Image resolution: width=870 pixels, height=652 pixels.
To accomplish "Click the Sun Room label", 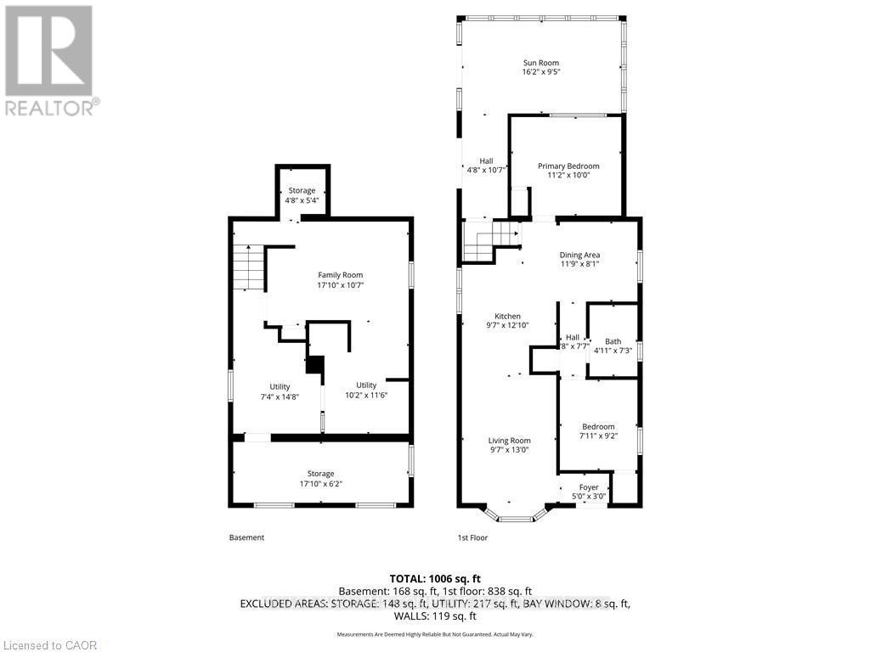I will pyautogui.click(x=540, y=63).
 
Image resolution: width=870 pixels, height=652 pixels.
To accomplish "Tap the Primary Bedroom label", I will pyautogui.click(x=568, y=166).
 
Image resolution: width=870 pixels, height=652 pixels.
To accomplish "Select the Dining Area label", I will pyautogui.click(x=579, y=255).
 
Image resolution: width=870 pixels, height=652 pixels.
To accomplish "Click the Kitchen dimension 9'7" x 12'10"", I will pyautogui.click(x=508, y=325).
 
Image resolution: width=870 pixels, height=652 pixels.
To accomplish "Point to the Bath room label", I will pyautogui.click(x=613, y=341).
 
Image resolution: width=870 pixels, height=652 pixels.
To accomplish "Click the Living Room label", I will pyautogui.click(x=509, y=441).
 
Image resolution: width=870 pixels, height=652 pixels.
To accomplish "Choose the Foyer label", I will pyautogui.click(x=589, y=487).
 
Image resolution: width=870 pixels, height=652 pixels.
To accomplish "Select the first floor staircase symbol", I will pyautogui.click(x=489, y=242).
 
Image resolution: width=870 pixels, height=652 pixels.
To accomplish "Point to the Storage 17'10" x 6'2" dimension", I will pyautogui.click(x=321, y=484).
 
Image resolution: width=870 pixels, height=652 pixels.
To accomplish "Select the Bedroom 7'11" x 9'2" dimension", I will pyautogui.click(x=598, y=436).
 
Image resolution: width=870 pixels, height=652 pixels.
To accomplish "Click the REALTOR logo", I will pyautogui.click(x=51, y=59).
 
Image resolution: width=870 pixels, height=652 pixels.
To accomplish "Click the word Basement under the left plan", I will pyautogui.click(x=246, y=537).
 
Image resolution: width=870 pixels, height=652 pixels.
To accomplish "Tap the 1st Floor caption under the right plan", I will pyautogui.click(x=472, y=537).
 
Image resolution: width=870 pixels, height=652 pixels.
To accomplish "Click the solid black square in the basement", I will pyautogui.click(x=315, y=364).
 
